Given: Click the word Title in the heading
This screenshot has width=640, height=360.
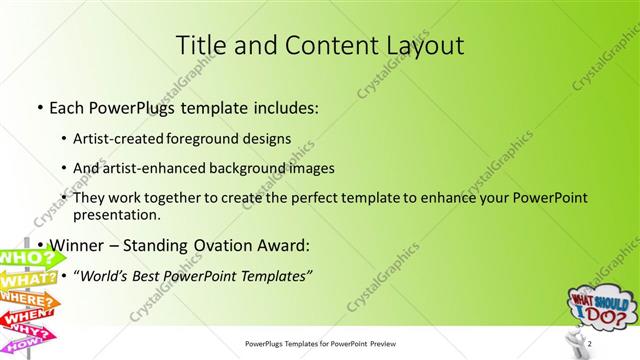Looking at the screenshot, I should coord(200,45).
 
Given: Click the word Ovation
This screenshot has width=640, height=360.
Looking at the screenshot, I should coord(235,245).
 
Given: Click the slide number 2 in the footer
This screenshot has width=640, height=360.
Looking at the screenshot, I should coord(591,345).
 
